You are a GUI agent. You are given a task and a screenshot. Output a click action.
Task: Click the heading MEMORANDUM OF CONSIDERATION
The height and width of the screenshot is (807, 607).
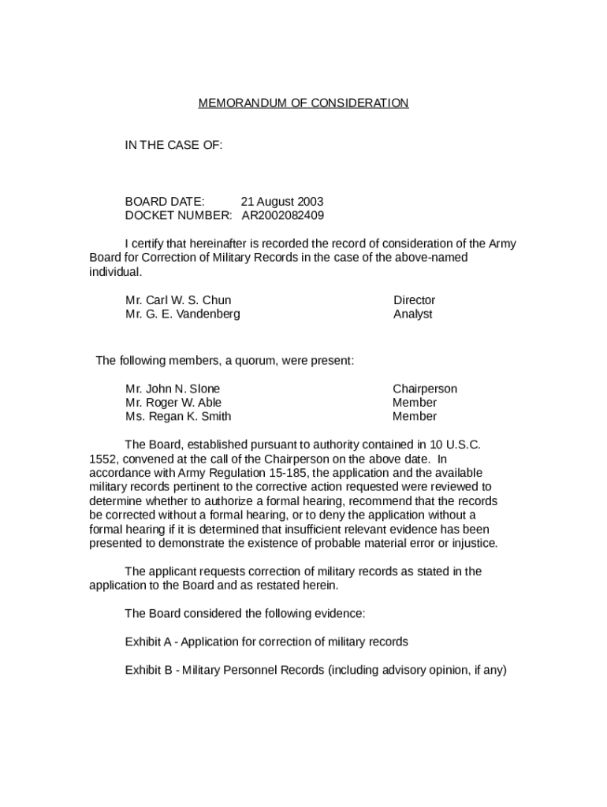(x=303, y=103)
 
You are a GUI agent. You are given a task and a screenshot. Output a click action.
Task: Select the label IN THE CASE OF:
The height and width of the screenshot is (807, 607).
(x=173, y=145)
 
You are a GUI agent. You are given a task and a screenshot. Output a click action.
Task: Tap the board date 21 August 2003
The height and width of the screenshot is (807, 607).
(x=281, y=202)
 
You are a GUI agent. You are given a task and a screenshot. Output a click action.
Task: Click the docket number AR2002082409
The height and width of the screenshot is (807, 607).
(x=282, y=215)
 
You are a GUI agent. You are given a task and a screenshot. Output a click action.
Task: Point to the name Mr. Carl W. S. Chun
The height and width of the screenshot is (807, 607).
(x=178, y=300)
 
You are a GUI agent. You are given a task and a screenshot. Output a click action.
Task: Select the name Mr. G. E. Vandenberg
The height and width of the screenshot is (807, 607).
(x=182, y=314)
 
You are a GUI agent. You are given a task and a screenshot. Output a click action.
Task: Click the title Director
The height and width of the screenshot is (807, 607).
(x=414, y=300)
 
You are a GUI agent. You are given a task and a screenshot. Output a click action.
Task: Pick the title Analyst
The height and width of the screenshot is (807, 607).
(x=412, y=314)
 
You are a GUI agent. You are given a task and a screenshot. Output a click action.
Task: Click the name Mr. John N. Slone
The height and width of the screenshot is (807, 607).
(x=173, y=389)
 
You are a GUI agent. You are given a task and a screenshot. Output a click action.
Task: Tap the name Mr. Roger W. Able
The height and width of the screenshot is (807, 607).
(x=173, y=403)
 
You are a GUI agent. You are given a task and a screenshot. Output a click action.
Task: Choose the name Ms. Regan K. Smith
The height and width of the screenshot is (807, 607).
(x=178, y=416)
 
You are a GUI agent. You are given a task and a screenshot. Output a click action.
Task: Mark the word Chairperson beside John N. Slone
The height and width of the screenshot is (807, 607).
(x=424, y=389)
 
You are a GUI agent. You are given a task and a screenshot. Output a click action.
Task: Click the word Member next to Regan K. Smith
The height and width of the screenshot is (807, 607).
(x=414, y=416)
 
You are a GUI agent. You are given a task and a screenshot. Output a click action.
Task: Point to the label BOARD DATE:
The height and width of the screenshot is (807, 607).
(x=165, y=202)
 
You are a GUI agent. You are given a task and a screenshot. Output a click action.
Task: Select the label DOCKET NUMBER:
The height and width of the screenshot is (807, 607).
(x=178, y=215)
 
